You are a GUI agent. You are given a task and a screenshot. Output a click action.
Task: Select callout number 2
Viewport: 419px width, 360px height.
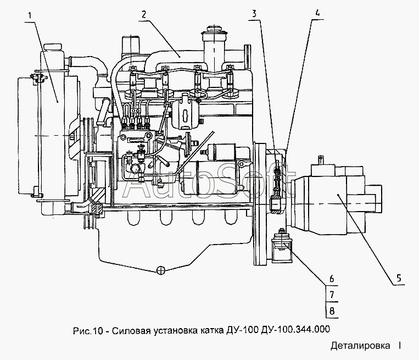point(142,15)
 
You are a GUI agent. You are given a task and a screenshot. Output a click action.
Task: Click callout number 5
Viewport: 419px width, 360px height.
point(399,276)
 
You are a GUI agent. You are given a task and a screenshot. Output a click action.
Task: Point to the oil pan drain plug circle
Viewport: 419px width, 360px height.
point(160,269)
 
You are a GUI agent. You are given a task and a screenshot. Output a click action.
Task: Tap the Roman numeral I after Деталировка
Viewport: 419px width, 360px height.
point(400,346)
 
